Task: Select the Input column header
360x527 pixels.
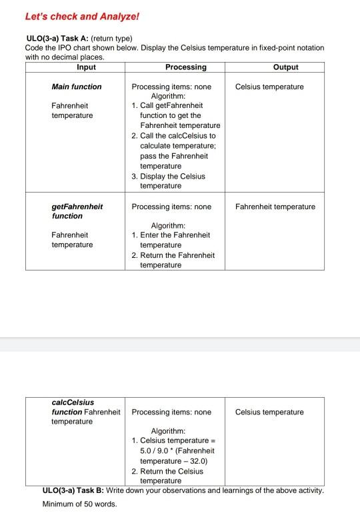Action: (86, 67)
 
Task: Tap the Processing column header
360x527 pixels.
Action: (185, 67)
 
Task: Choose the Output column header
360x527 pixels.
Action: (285, 67)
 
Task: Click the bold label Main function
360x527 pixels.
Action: (77, 87)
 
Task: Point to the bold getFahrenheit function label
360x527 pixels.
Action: (77, 211)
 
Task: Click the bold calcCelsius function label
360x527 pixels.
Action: (73, 407)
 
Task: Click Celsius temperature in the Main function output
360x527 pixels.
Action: (269, 87)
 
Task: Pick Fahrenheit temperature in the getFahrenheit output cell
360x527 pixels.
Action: (275, 207)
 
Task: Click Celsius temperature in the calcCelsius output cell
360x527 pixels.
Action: (269, 412)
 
